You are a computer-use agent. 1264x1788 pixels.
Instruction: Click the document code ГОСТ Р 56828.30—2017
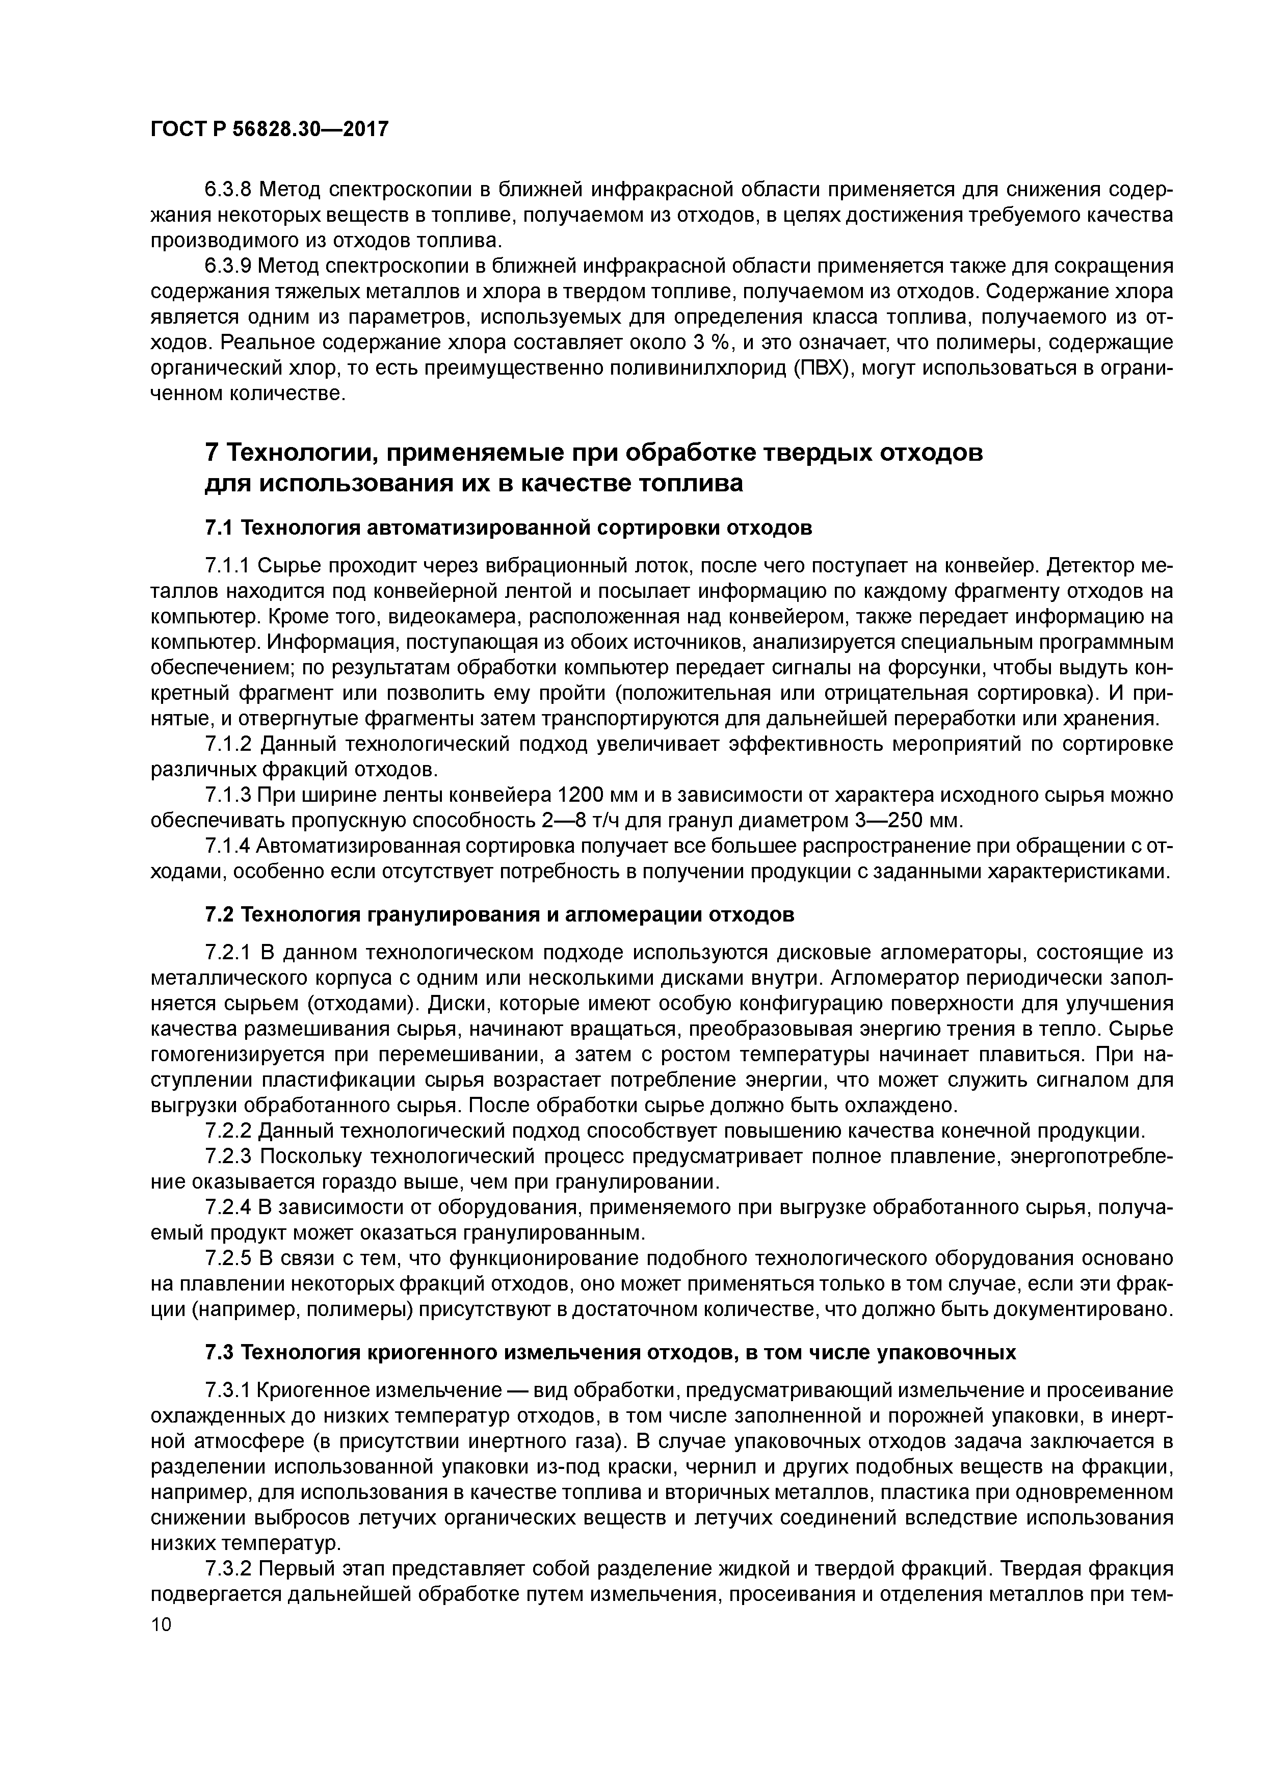(269, 129)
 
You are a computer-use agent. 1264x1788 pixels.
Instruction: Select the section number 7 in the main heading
(210, 453)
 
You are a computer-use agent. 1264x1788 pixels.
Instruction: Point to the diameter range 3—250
(885, 821)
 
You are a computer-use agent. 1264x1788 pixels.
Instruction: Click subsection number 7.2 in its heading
(220, 914)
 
